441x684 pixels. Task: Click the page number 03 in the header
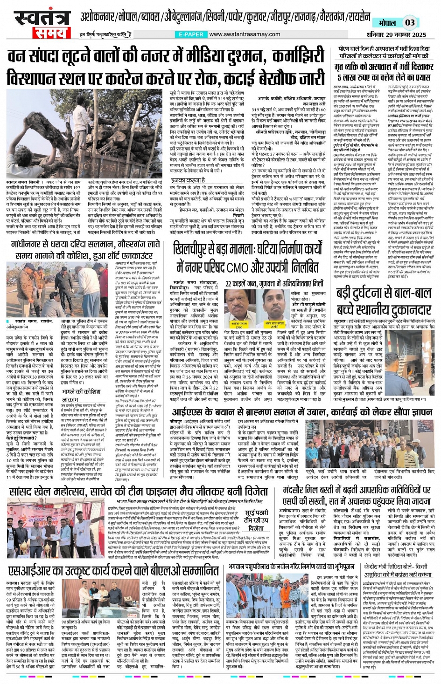(410, 22)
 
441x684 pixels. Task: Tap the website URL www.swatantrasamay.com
(245, 34)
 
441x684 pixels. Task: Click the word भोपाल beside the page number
(387, 23)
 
